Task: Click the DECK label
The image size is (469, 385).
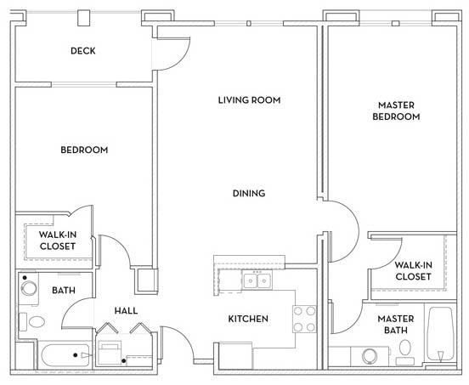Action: point(82,51)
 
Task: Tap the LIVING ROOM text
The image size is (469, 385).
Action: point(249,100)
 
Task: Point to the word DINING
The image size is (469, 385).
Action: point(249,193)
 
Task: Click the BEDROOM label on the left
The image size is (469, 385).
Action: point(84,150)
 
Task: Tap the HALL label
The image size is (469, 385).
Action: point(126,310)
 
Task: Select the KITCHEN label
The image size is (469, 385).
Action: point(248,319)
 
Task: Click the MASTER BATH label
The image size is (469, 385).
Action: point(395,325)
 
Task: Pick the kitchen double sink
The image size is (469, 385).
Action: point(255,280)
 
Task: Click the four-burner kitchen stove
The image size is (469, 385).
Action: point(304,318)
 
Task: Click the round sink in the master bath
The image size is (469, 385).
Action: point(370,355)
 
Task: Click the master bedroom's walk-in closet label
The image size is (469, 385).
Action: point(413,270)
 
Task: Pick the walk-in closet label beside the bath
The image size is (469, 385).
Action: point(58,240)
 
